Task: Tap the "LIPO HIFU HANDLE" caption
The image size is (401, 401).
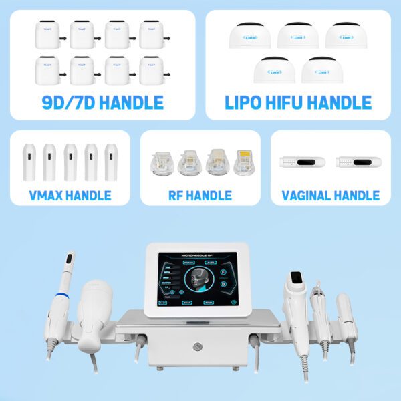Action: pyautogui.click(x=297, y=102)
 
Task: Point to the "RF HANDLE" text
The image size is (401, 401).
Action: pyautogui.click(x=200, y=195)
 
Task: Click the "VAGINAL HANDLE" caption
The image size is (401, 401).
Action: pyautogui.click(x=331, y=195)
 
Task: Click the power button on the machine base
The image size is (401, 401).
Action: pyautogui.click(x=196, y=347)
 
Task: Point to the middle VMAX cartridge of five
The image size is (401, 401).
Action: pyautogui.click(x=71, y=162)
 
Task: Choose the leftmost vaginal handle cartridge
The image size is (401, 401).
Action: pyautogui.click(x=303, y=162)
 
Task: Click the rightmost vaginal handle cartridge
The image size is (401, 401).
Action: pyautogui.click(x=358, y=162)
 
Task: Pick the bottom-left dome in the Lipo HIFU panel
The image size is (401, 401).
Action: pyautogui.click(x=273, y=69)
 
